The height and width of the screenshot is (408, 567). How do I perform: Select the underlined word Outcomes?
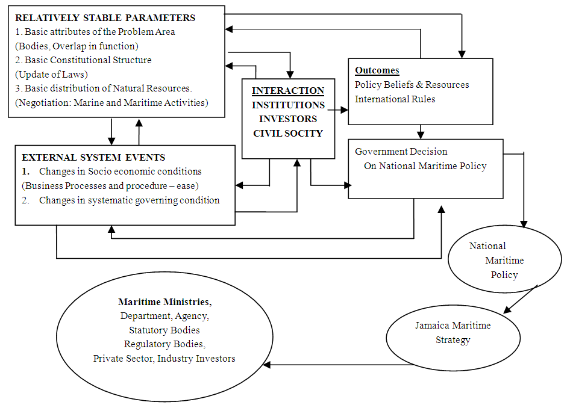377,70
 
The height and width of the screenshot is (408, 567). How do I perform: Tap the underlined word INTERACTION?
288,91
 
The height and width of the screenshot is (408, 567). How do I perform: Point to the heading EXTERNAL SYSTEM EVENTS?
93,158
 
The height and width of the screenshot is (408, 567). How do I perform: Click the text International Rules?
395,99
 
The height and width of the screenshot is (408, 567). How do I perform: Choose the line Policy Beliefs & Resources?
412,85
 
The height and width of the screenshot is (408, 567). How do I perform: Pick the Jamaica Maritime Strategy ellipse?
453,333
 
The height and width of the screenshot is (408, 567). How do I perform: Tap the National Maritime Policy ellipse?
505,260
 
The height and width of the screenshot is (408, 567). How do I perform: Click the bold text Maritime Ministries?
164,301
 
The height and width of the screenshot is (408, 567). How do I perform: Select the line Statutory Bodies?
164,330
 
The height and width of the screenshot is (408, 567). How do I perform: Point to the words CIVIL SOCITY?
288,133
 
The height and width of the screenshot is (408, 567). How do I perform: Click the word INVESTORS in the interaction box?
288,119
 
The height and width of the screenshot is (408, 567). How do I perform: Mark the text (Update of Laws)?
52,74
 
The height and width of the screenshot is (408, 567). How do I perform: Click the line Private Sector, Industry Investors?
164,359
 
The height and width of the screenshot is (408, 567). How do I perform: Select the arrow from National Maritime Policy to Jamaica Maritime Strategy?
519,300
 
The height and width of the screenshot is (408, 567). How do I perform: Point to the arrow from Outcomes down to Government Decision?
421,132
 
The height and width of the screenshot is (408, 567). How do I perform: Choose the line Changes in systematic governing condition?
129,200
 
